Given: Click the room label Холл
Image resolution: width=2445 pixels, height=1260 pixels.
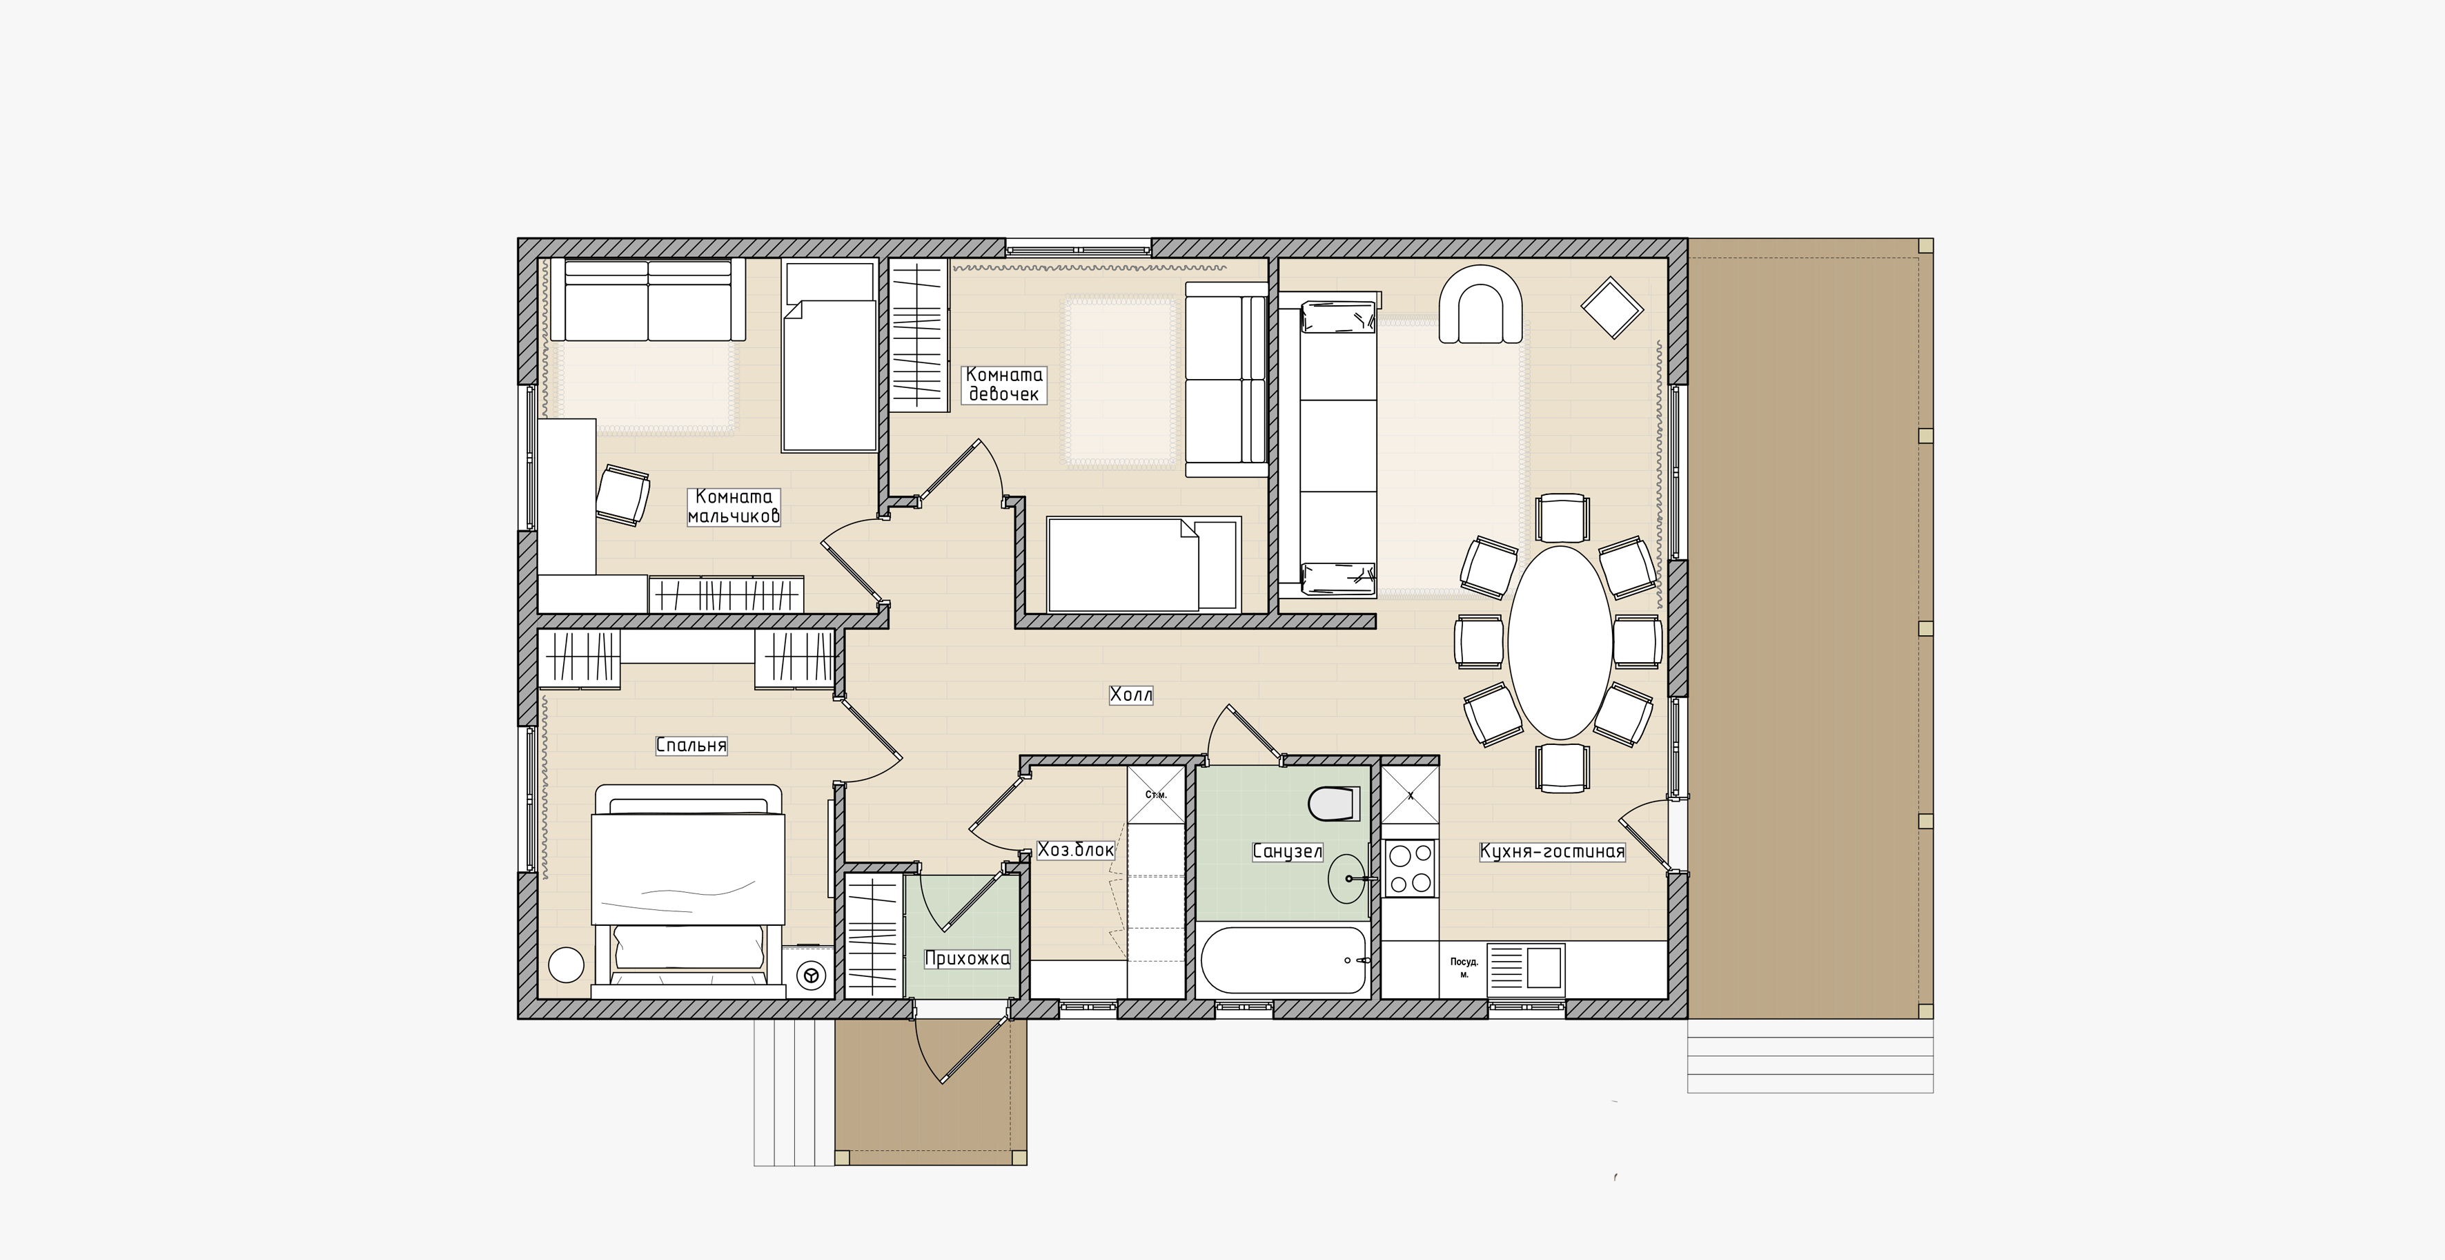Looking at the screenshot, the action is pos(1130,695).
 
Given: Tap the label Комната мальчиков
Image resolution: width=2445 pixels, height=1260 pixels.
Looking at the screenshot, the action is pos(734,506).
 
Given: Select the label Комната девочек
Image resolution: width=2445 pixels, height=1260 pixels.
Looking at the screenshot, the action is pos(1003,384).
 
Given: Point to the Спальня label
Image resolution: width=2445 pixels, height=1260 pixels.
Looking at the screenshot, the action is pos(691,746).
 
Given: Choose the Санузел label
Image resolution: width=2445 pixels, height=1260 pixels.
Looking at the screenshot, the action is pos(1287,852).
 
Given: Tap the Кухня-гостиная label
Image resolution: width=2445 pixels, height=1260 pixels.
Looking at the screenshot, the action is pos(1553,852).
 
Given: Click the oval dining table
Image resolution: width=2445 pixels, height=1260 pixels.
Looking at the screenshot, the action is pos(1560,642).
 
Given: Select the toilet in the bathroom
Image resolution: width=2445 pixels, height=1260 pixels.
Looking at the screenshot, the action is pos(1333,803).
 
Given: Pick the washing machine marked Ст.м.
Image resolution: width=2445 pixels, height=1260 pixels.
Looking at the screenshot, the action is pos(1156,794).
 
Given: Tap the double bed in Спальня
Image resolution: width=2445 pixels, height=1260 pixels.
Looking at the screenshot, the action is pos(688,891).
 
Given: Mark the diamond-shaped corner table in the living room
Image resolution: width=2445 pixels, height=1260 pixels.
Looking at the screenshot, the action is pos(1611,307).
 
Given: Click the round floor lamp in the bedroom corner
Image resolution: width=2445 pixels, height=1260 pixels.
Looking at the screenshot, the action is pos(566,967).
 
